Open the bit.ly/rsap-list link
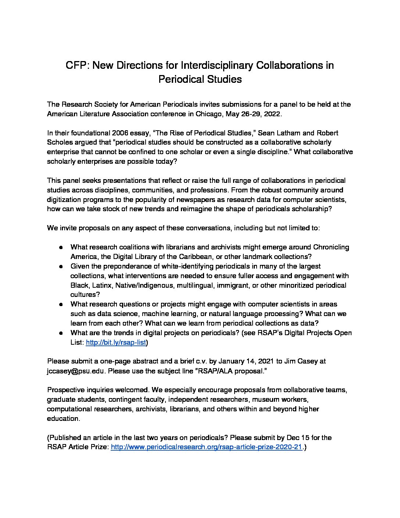tap(116, 343)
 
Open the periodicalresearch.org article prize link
tap(206, 447)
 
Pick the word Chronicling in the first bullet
tap(331, 247)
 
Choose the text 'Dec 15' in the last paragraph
tap(294, 438)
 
